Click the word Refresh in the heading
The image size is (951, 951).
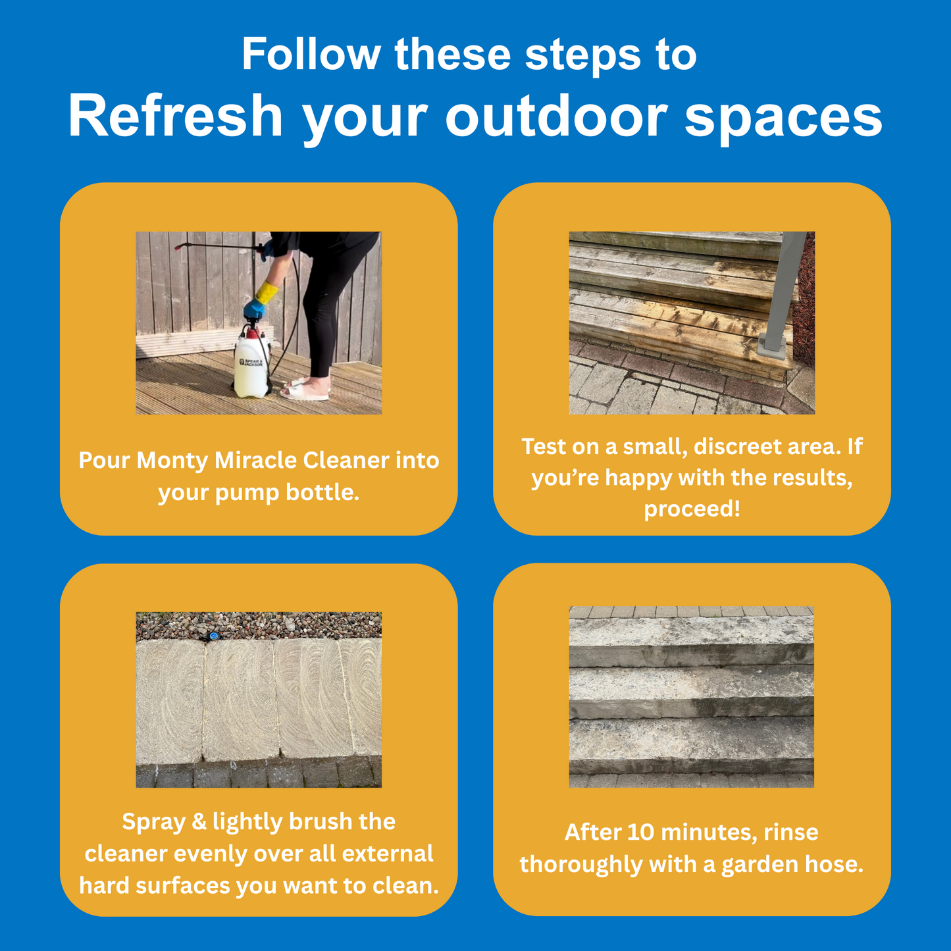(x=175, y=116)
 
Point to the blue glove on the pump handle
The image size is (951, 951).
(x=253, y=309)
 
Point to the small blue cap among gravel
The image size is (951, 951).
(x=214, y=636)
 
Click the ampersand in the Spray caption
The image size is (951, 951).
(x=199, y=822)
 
